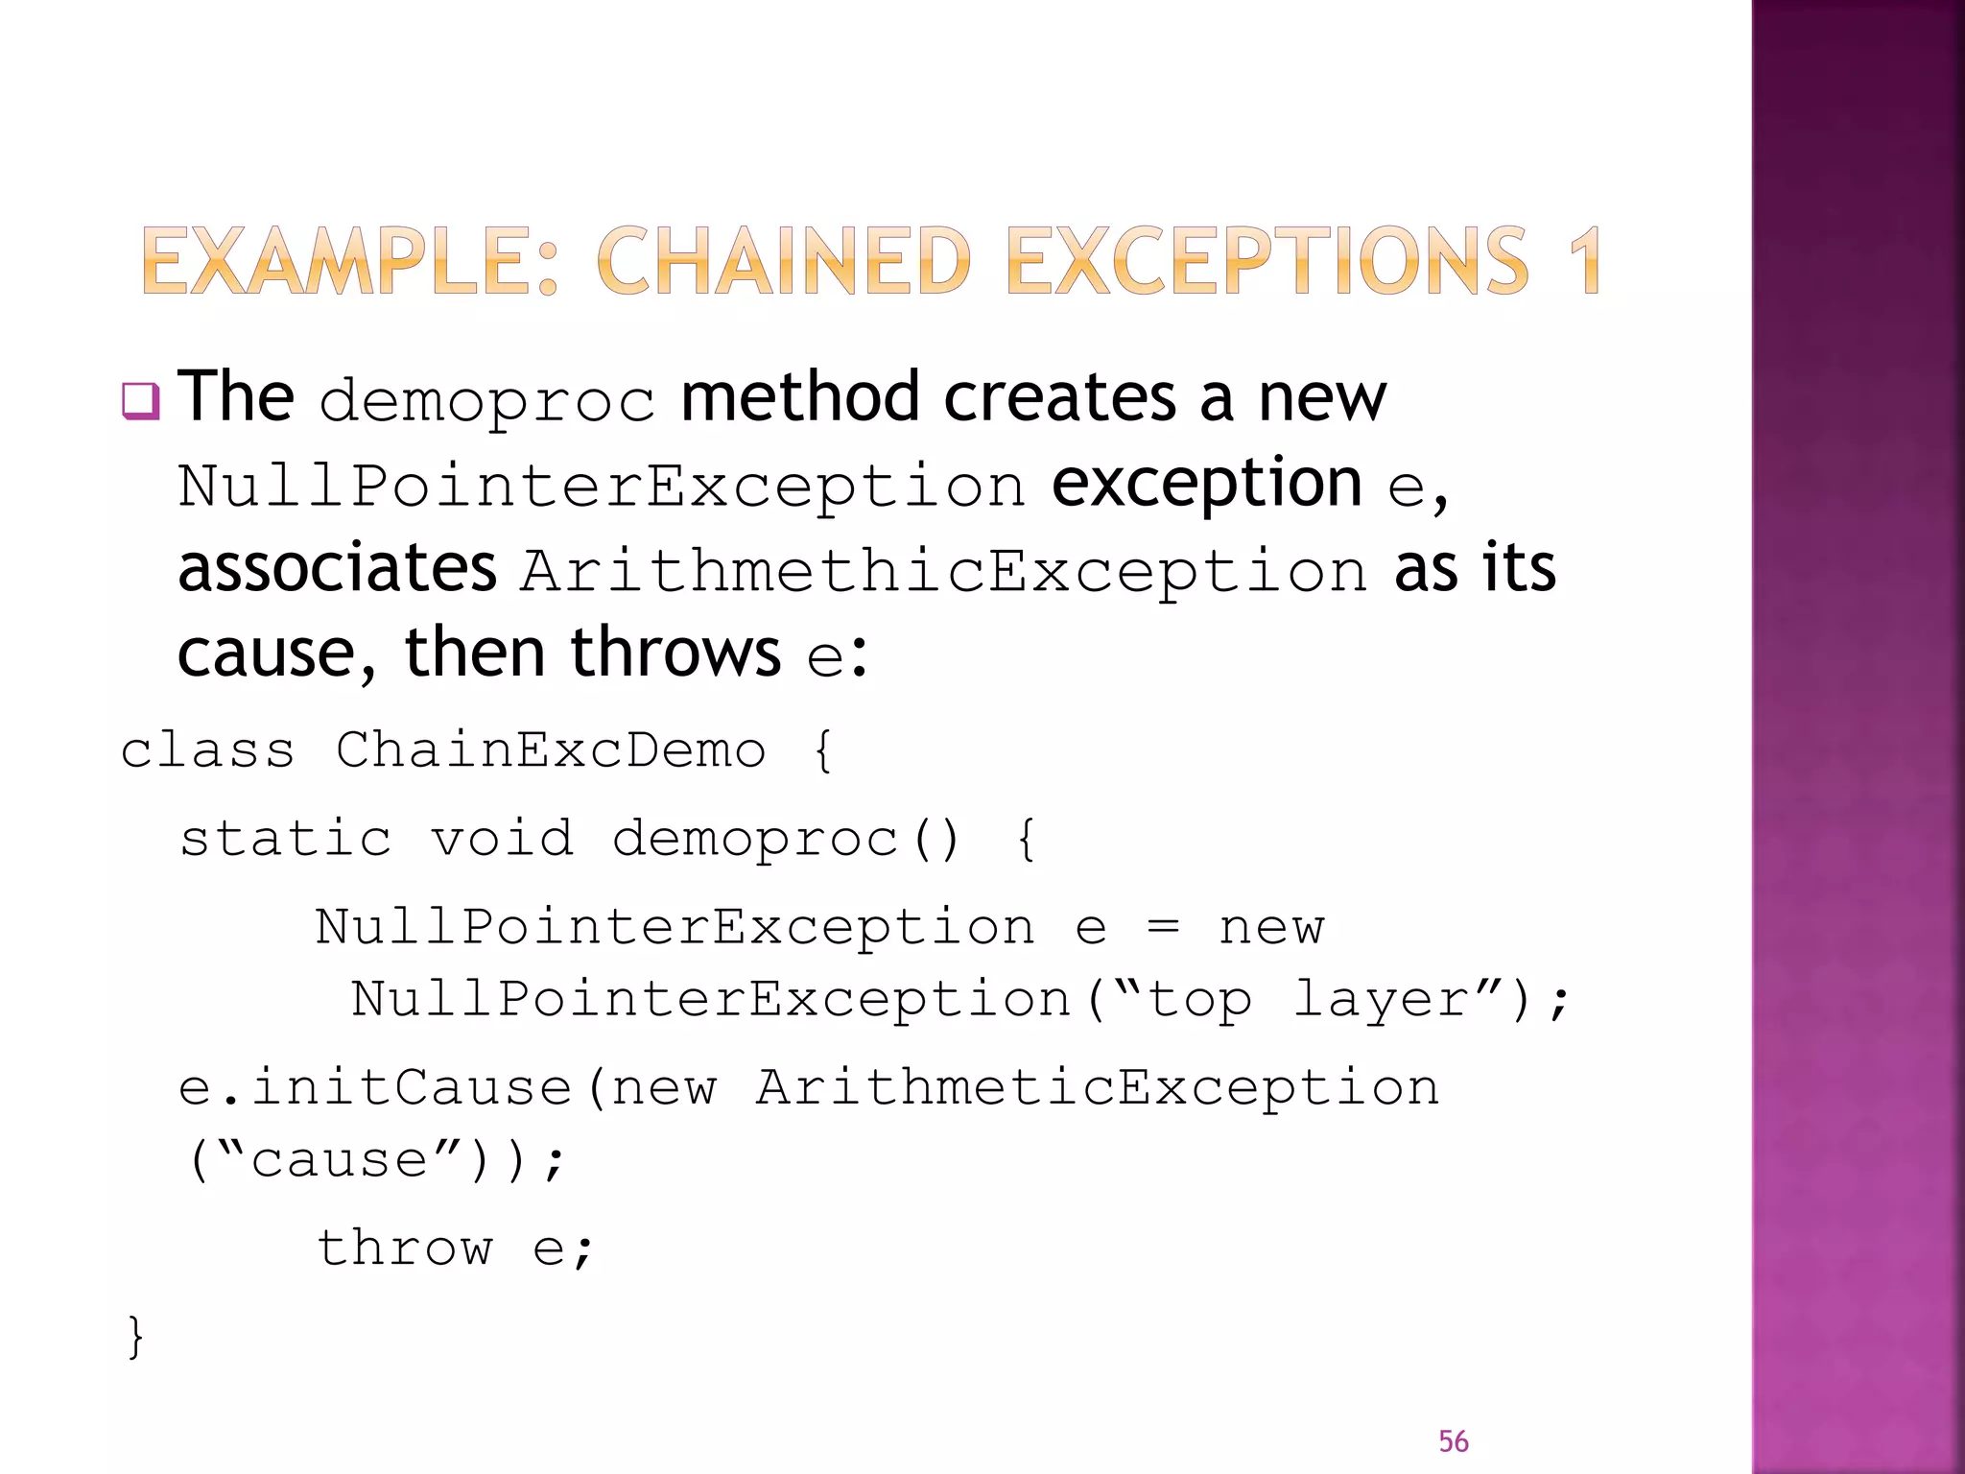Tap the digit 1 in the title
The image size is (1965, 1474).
pyautogui.click(x=1584, y=260)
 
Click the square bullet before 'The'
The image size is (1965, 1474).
pyautogui.click(x=140, y=400)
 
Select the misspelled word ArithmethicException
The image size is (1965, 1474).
pyautogui.click(x=944, y=571)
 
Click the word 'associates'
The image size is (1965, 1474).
pyautogui.click(x=337, y=568)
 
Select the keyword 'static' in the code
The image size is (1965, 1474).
pyautogui.click(x=286, y=839)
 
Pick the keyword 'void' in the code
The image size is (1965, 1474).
pyautogui.click(x=502, y=839)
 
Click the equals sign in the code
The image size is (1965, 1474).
pyautogui.click(x=1163, y=927)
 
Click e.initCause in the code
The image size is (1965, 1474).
pyautogui.click(x=375, y=1088)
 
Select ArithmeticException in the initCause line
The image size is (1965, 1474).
pyautogui.click(x=1097, y=1088)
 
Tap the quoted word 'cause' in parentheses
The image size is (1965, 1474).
pyautogui.click(x=339, y=1160)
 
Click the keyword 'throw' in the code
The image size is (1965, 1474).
pyautogui.click(x=405, y=1248)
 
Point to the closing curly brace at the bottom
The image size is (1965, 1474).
pyautogui.click(x=135, y=1336)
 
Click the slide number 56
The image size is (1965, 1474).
pyautogui.click(x=1453, y=1441)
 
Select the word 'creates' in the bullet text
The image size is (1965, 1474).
pyautogui.click(x=1059, y=397)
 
